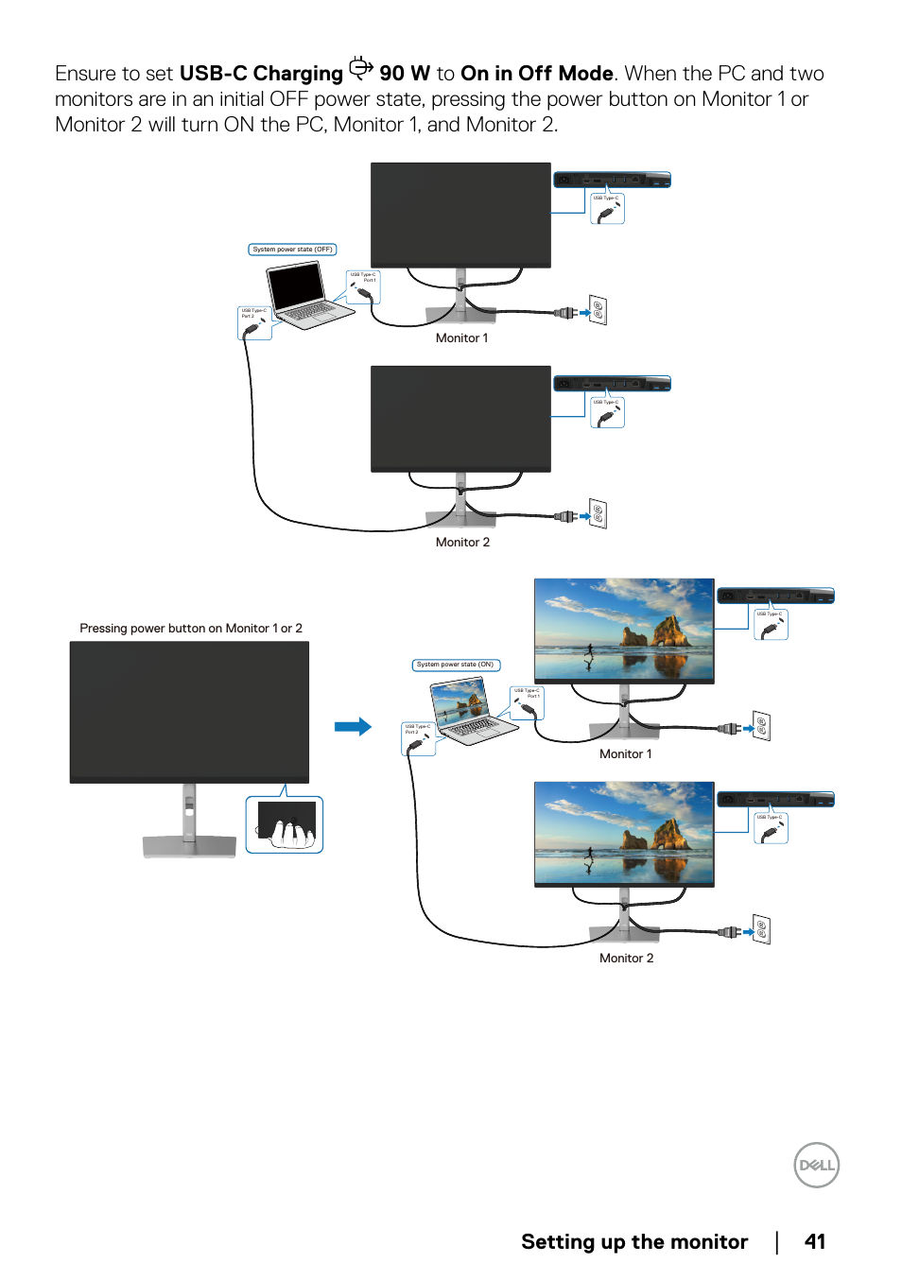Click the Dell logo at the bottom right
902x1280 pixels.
[x=816, y=1166]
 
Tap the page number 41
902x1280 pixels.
[x=814, y=1241]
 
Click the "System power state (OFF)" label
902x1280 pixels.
[x=292, y=250]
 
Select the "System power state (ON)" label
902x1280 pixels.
[x=456, y=665]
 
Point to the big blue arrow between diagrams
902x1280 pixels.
[x=353, y=727]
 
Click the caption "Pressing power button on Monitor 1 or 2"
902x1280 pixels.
[x=191, y=628]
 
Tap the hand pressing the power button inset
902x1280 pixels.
[x=286, y=825]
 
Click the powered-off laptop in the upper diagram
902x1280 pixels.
[x=304, y=295]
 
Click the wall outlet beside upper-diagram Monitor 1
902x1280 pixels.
[x=598, y=310]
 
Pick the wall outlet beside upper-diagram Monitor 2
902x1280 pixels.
[x=598, y=514]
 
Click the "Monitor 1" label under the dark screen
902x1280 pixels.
[x=461, y=337]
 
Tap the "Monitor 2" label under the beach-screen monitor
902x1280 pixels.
[x=626, y=958]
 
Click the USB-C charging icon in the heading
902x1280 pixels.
[x=361, y=68]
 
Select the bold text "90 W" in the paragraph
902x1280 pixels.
[x=405, y=74]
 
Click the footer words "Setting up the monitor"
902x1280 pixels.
[x=634, y=1241]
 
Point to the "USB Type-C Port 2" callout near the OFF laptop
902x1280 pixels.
[x=254, y=322]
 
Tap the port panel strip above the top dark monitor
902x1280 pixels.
[x=612, y=180]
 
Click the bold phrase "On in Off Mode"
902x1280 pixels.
[x=536, y=74]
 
